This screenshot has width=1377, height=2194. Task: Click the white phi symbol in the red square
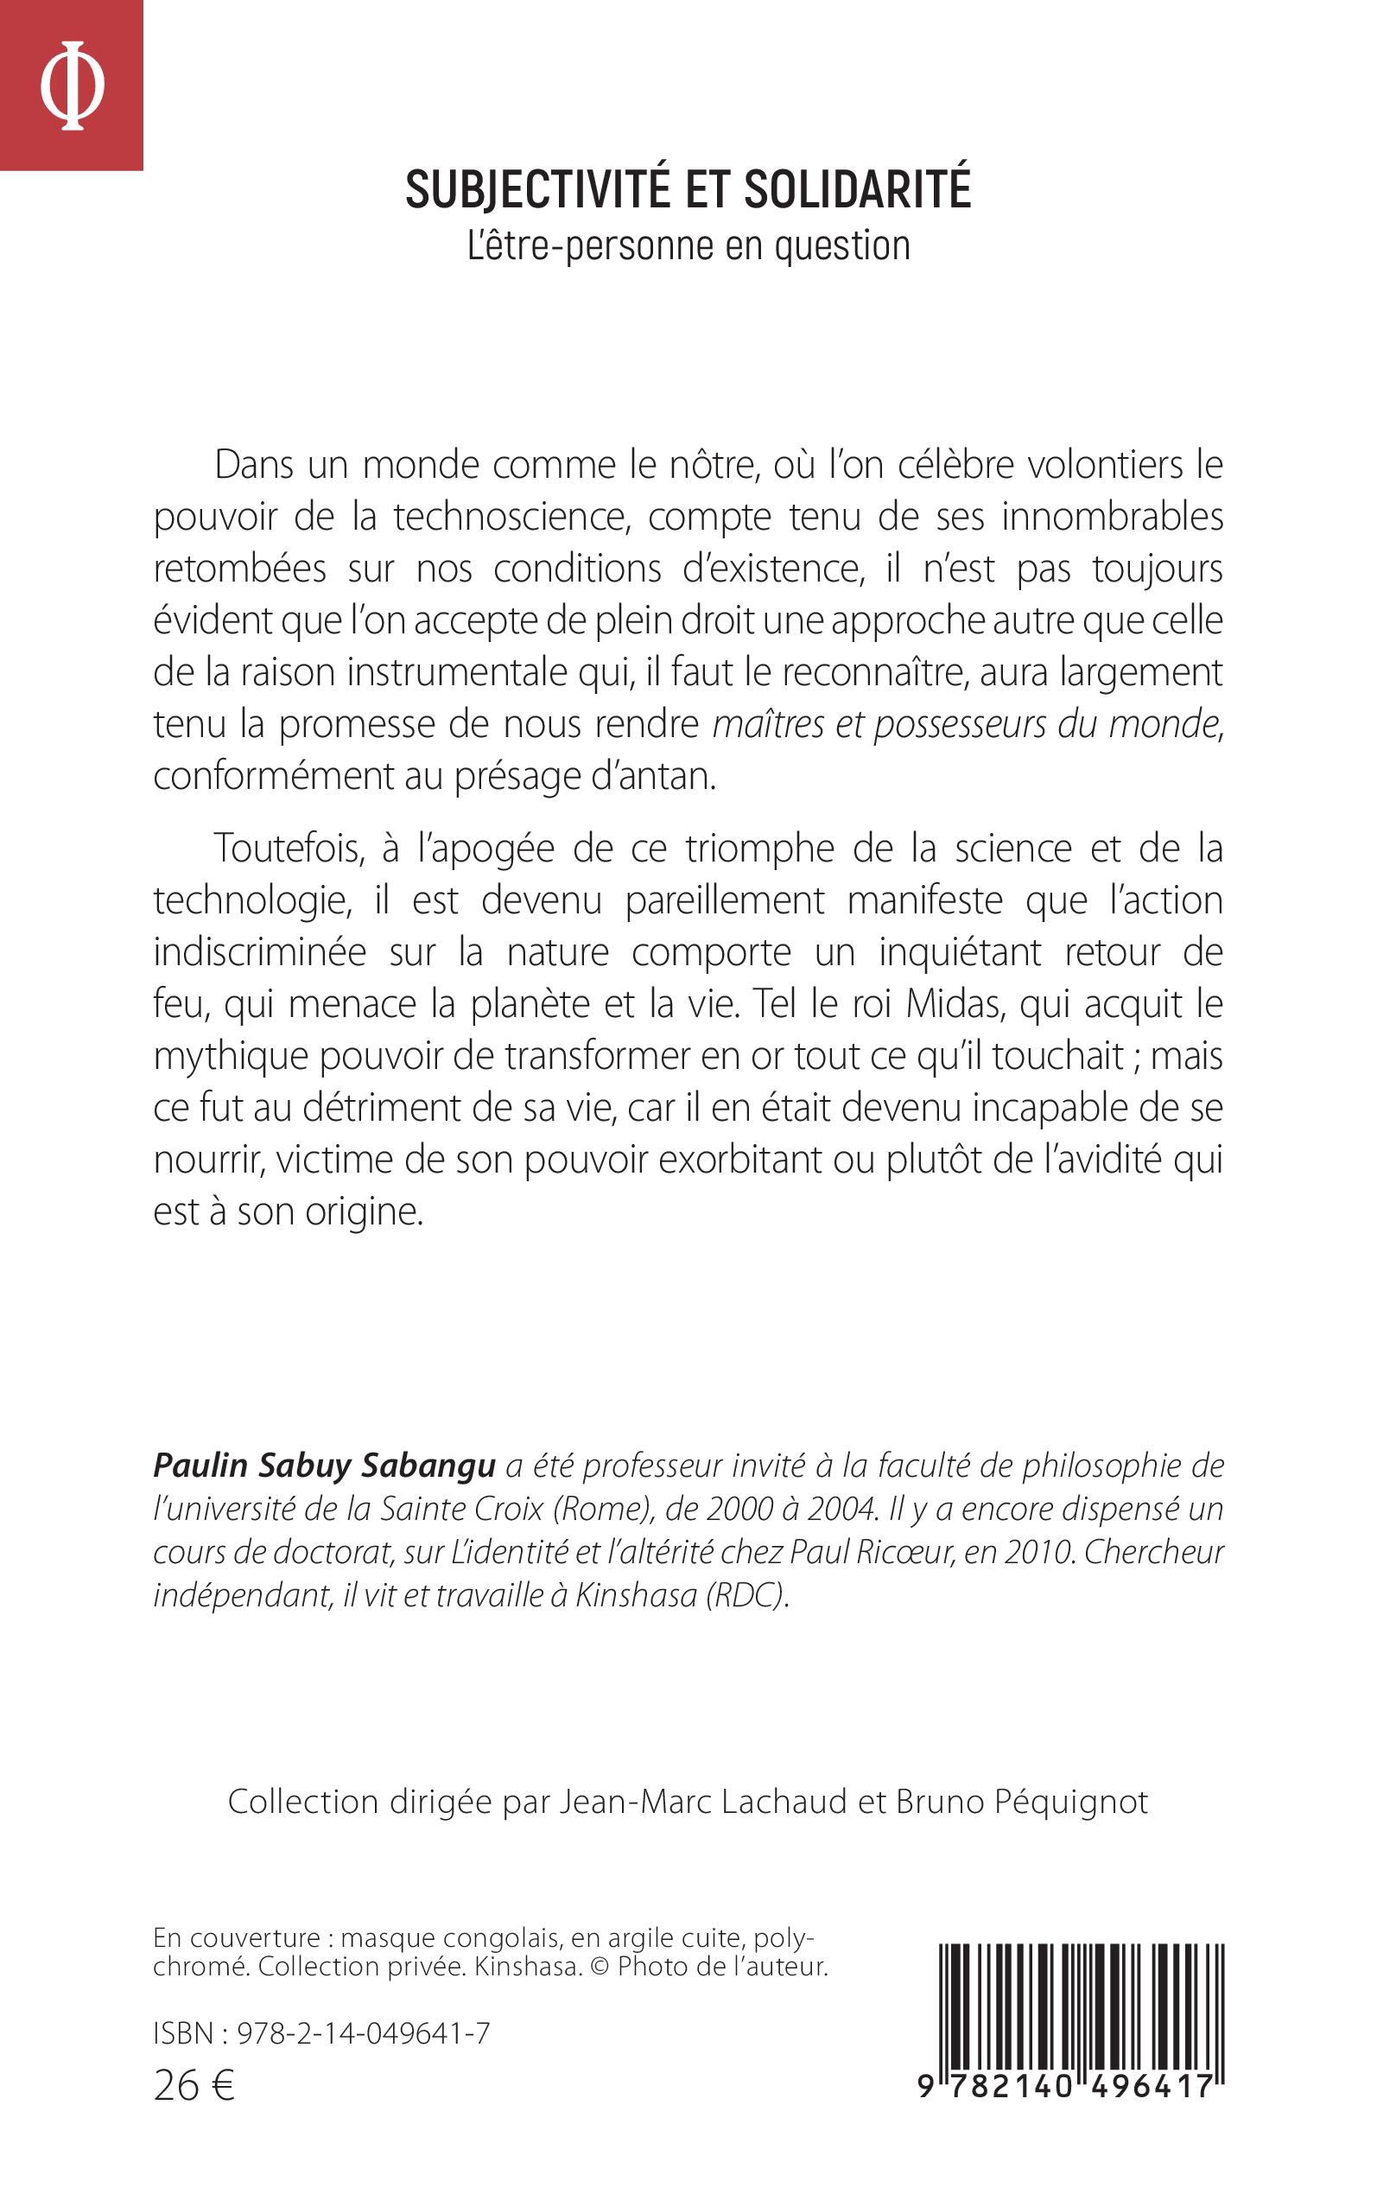tap(72, 86)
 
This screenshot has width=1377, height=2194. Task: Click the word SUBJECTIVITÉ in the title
tap(536, 189)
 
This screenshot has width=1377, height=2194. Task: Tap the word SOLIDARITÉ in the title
tap(857, 189)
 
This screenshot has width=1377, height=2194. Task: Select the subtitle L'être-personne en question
tap(688, 246)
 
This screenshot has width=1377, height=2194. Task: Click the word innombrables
tap(1112, 518)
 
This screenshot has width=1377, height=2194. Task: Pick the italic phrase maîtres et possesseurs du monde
tap(965, 724)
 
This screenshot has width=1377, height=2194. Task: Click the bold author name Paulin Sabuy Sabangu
tap(324, 1466)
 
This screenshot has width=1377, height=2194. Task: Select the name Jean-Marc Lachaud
tap(702, 1802)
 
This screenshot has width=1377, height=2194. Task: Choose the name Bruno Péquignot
tap(1022, 1802)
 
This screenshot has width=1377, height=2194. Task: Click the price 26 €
tap(194, 2085)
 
